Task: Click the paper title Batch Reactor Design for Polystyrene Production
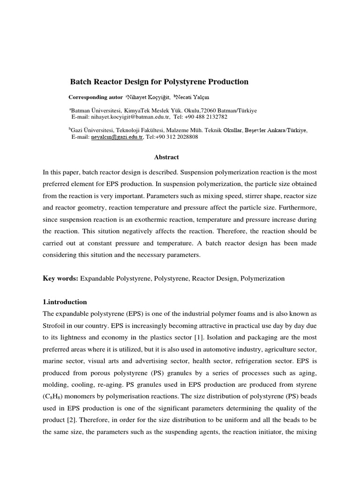(159, 82)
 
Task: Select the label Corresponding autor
(95, 97)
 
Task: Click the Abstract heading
(166, 157)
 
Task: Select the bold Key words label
(60, 278)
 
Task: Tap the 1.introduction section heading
(65, 302)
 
